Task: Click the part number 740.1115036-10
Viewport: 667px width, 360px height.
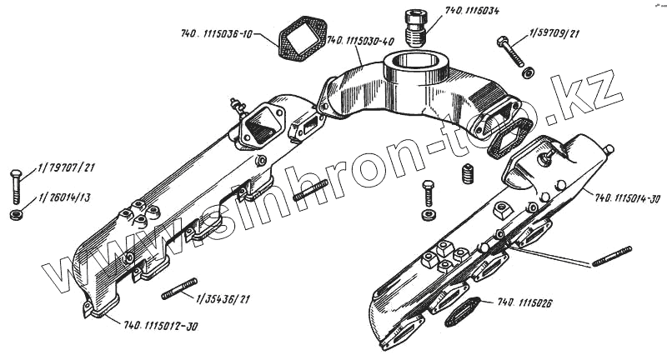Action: pyautogui.click(x=217, y=35)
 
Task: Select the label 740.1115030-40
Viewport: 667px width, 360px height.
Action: pyautogui.click(x=360, y=39)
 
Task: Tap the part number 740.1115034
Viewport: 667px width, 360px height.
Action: pyautogui.click(x=473, y=12)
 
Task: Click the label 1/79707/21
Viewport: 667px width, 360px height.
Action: pyautogui.click(x=66, y=168)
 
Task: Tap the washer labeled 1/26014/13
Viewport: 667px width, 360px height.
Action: pyautogui.click(x=16, y=217)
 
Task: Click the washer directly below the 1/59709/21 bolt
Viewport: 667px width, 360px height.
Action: pyautogui.click(x=529, y=72)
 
